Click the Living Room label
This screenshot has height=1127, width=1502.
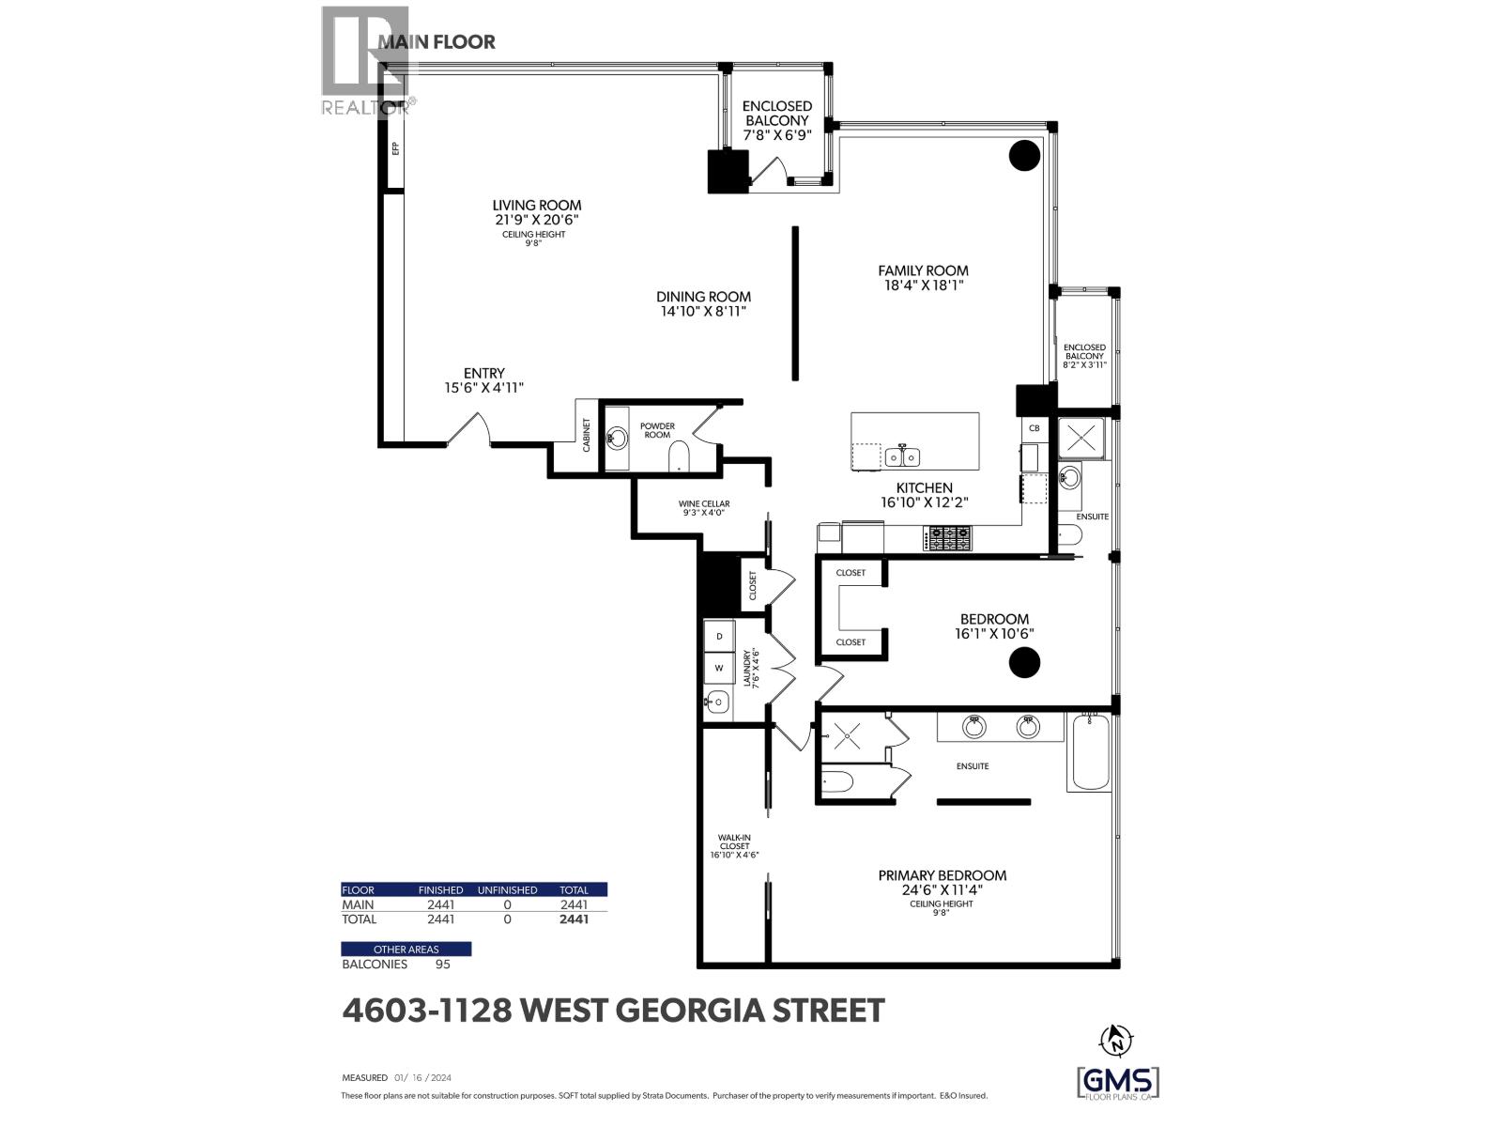pos(536,206)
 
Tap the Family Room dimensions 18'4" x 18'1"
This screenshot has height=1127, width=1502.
pos(923,286)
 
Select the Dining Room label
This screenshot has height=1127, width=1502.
pos(703,297)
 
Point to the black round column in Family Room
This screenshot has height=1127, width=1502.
pos(1023,155)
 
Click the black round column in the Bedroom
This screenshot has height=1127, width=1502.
pos(1023,662)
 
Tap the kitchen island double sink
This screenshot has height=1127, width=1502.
pos(902,455)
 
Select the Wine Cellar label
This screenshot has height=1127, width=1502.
pos(704,503)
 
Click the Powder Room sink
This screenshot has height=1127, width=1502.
pos(617,438)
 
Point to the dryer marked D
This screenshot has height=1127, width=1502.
pos(719,637)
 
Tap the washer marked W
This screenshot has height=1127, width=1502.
pos(719,668)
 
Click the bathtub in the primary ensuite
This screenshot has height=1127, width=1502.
pos(1089,752)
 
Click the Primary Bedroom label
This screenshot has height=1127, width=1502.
pos(943,875)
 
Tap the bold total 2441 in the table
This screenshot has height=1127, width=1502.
pos(574,919)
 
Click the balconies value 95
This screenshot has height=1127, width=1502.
pos(443,965)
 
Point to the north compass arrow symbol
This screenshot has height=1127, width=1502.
pos(1116,1041)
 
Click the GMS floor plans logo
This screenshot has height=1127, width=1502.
pos(1118,1083)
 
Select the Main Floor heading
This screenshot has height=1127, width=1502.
pos(437,41)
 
